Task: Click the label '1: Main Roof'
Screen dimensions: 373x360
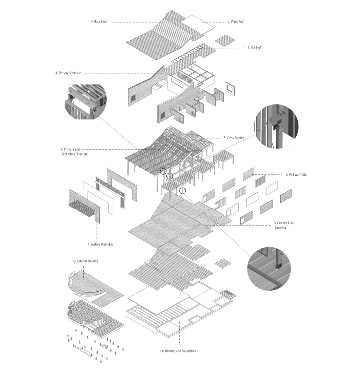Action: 98,22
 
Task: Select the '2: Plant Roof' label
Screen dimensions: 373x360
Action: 236,22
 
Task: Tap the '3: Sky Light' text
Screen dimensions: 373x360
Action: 254,47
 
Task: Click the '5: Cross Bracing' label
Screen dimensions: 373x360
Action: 234,138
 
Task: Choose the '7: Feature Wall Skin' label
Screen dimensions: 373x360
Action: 100,244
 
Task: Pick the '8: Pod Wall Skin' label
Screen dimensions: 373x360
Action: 296,175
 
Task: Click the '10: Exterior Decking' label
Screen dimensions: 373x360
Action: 85,261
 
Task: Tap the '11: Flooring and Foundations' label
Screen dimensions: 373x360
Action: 176,351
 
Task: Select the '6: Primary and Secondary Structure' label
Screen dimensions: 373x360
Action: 74,152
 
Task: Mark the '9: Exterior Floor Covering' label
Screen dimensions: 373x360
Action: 284,225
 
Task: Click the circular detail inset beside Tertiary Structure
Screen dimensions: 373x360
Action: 86,102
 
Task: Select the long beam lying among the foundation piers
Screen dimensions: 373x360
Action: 84,350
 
